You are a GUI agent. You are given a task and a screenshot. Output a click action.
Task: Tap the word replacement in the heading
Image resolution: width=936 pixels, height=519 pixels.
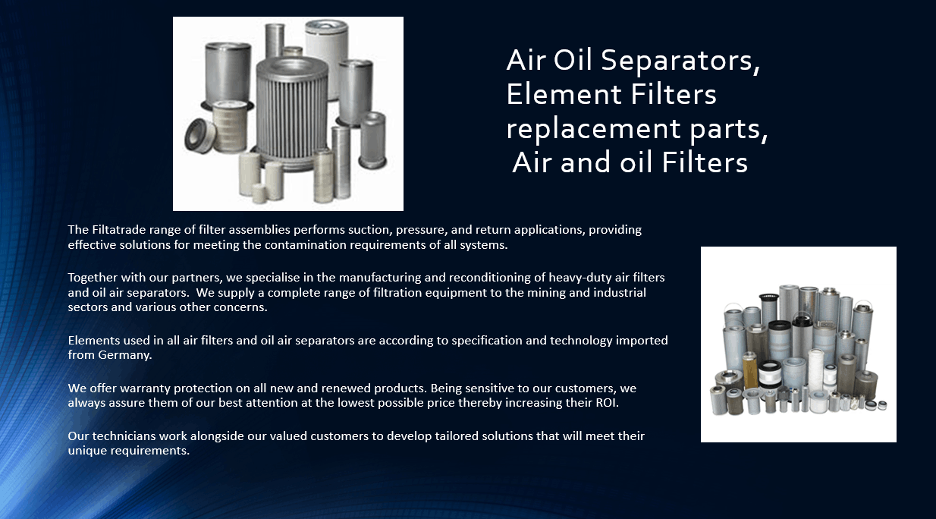click(593, 129)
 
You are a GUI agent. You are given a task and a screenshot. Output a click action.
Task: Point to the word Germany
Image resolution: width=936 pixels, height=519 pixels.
click(125, 355)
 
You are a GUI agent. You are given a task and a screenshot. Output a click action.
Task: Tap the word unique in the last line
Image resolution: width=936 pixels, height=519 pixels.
click(86, 451)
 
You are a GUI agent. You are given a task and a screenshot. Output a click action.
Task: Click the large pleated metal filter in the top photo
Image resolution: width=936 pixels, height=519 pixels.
click(292, 113)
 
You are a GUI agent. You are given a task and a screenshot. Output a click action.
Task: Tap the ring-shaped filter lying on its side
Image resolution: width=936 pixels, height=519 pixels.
click(199, 135)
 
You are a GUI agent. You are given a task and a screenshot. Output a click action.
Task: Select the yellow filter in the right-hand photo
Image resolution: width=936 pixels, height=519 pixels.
click(749, 371)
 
